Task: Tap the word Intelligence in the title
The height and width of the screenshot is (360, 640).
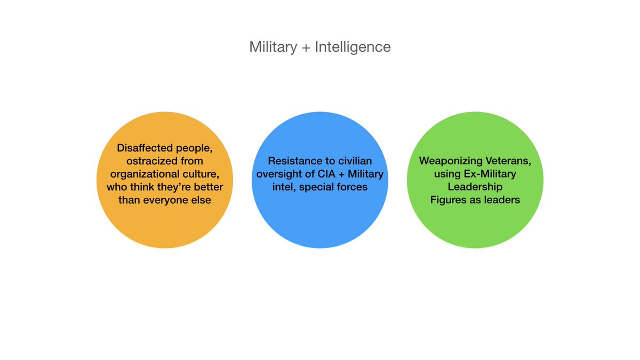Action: tap(353, 47)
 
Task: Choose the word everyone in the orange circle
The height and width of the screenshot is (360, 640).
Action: tap(168, 201)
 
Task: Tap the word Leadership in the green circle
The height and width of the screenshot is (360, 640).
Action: tap(475, 187)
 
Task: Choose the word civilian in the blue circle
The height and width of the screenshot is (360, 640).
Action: tap(353, 161)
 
